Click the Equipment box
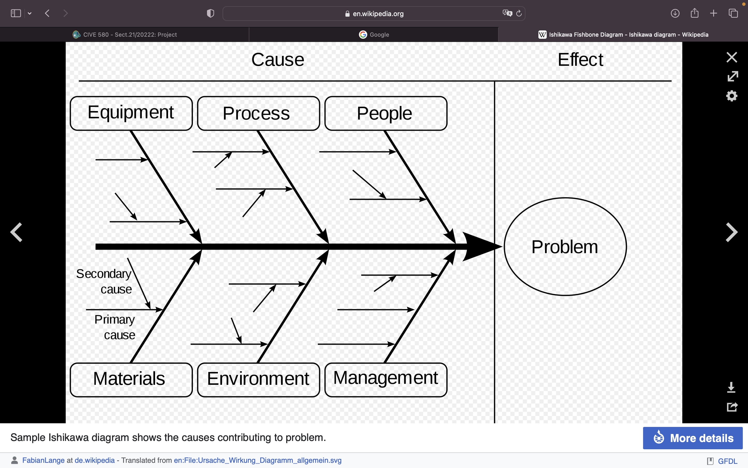click(131, 113)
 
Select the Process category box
click(258, 113)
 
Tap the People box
click(386, 113)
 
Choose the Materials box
click(131, 380)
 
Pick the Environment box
click(258, 380)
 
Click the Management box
click(386, 380)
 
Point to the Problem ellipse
click(565, 247)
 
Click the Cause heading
click(278, 60)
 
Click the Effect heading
click(580, 60)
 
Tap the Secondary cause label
click(104, 281)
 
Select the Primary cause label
click(115, 327)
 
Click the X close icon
click(732, 57)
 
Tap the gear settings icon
click(732, 96)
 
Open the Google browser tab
click(374, 35)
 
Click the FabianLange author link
click(43, 460)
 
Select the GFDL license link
click(727, 461)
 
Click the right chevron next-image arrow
click(732, 232)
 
